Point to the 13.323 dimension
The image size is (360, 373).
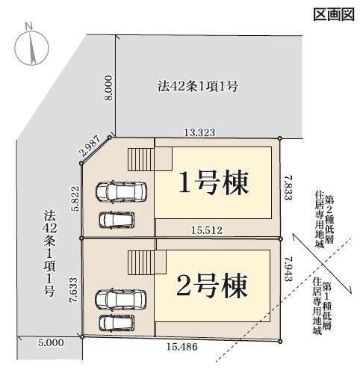coord(199,132)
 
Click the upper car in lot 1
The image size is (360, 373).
coord(123,193)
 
